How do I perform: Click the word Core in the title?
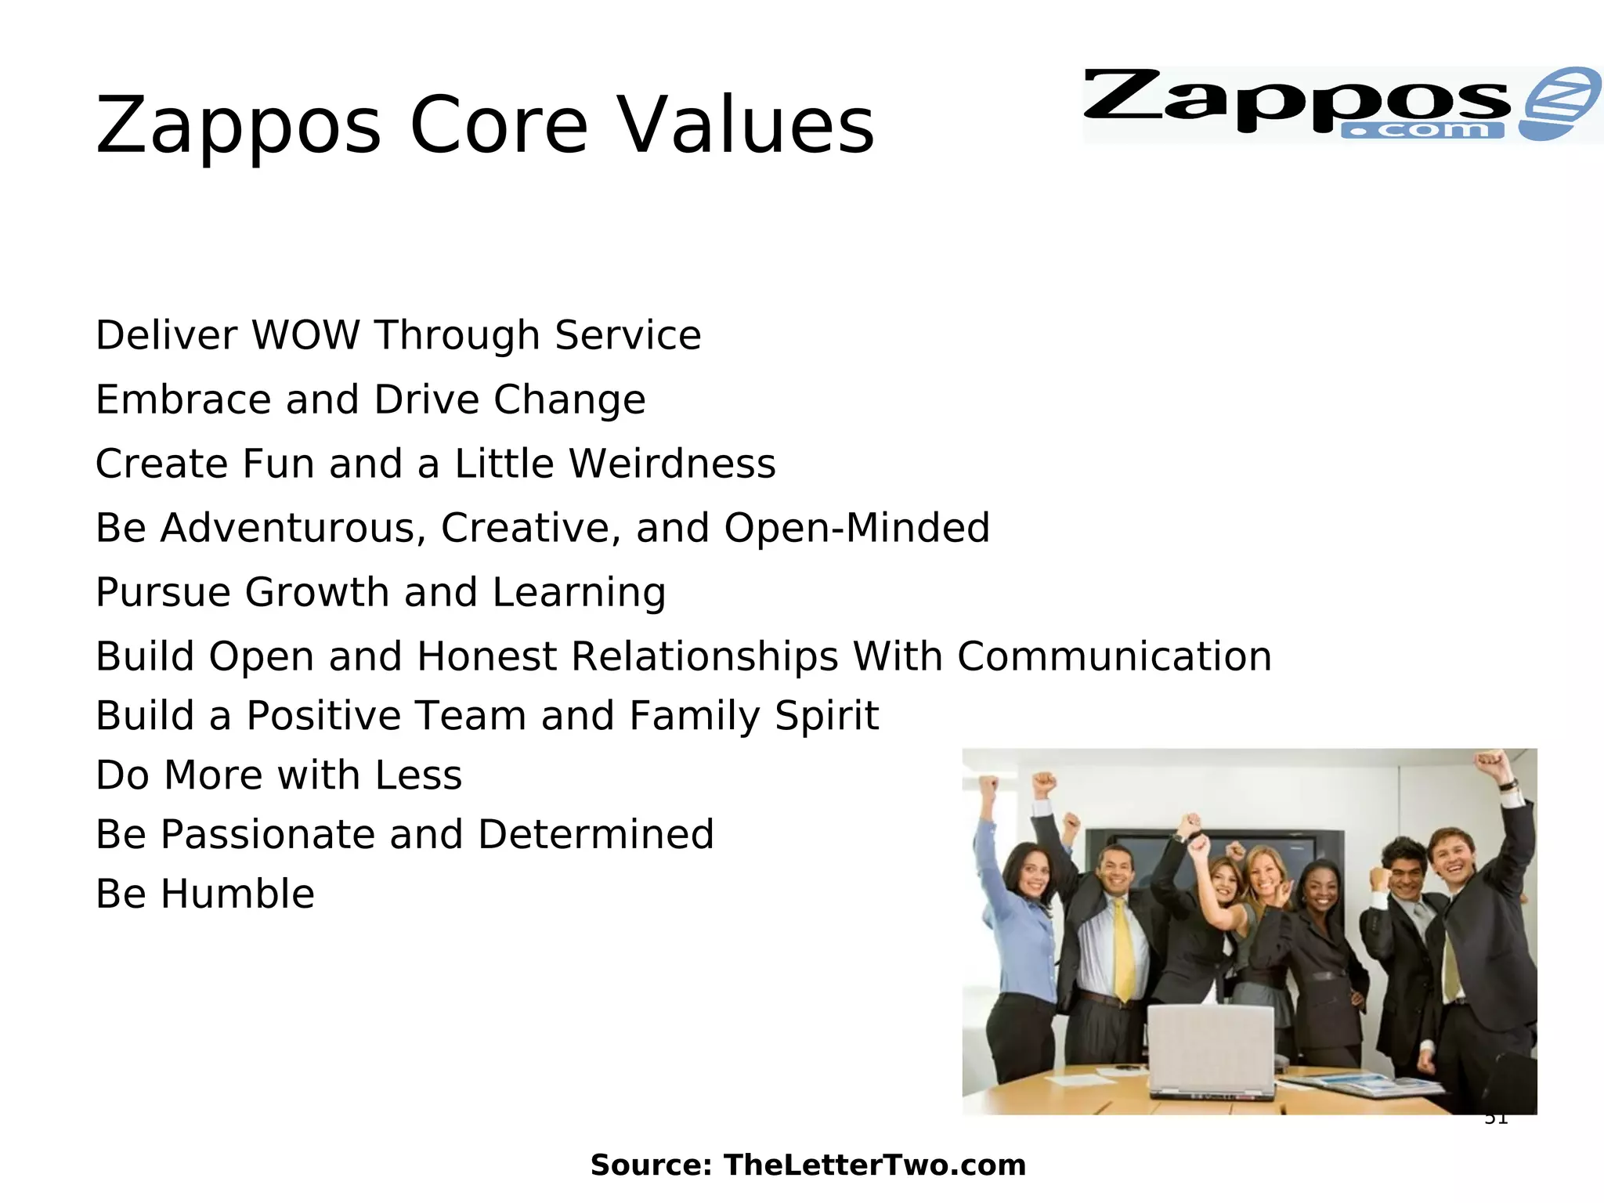pos(498,125)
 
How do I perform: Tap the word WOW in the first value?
pos(305,335)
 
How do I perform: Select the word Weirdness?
pos(672,464)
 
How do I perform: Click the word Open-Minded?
pos(857,528)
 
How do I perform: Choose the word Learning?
pos(579,593)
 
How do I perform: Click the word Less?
pos(418,775)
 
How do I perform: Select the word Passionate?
pos(267,835)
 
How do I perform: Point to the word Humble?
pos(237,894)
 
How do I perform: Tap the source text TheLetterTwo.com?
pos(874,1165)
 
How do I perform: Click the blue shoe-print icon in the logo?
pos(1559,103)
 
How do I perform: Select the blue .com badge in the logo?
pos(1422,131)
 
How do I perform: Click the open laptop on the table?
pos(1210,1049)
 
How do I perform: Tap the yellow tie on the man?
pos(1124,948)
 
